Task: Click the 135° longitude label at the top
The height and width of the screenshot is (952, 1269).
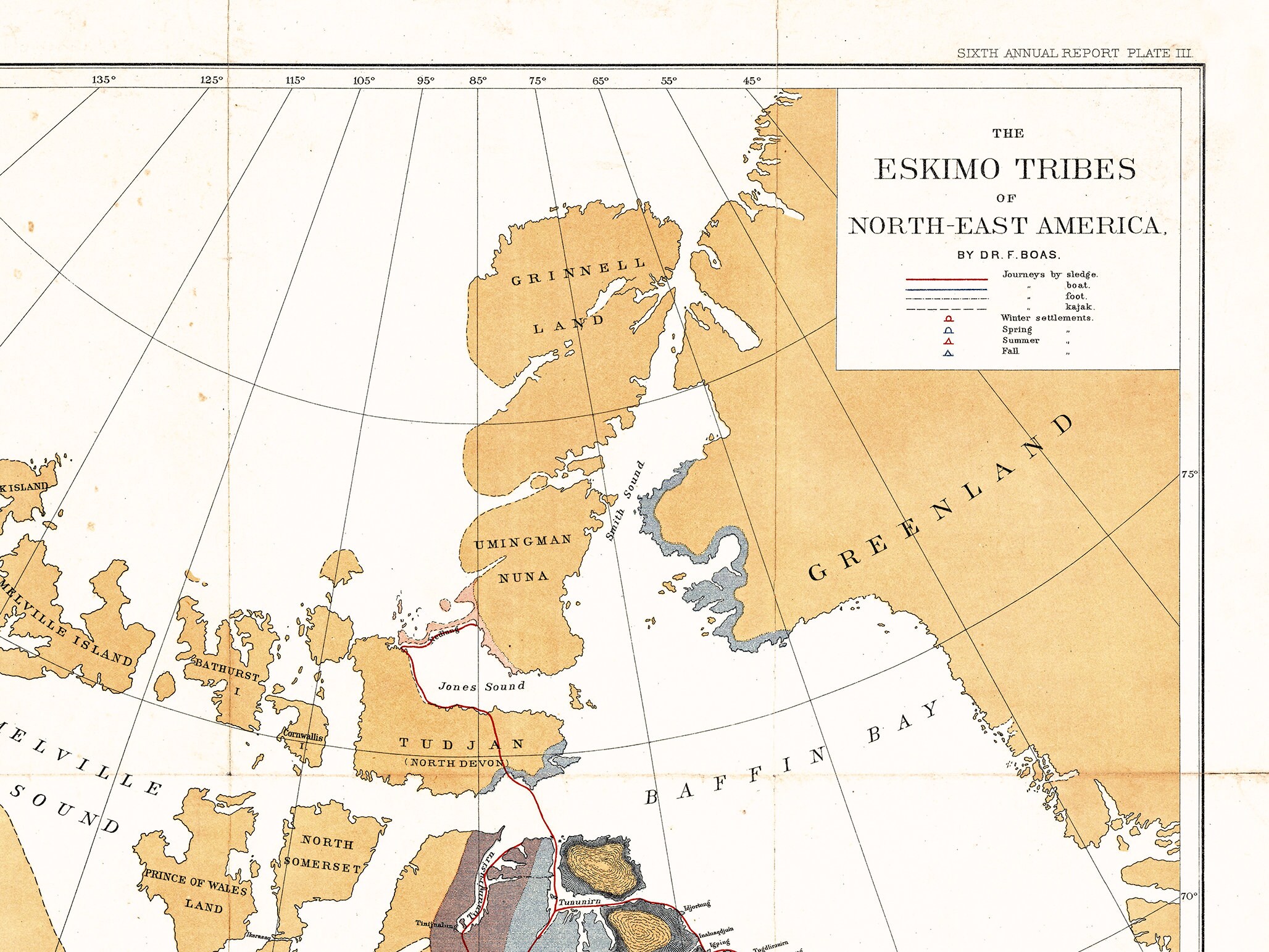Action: [x=104, y=80]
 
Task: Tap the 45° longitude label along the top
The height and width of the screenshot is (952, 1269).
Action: [x=752, y=81]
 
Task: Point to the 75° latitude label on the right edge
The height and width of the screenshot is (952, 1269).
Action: [x=1189, y=475]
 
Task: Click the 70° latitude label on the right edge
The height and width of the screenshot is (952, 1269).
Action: [x=1189, y=896]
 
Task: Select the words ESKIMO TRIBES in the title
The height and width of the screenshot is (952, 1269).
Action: [x=1005, y=170]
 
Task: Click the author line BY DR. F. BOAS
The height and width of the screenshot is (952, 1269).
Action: [x=1009, y=255]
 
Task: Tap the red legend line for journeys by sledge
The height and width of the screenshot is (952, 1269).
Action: [x=946, y=279]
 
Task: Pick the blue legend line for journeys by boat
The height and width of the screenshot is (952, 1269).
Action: [x=946, y=290]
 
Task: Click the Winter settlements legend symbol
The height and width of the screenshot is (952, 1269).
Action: [x=949, y=319]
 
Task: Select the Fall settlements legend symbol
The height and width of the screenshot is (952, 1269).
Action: [x=949, y=353]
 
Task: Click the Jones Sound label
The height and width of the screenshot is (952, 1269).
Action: [x=481, y=687]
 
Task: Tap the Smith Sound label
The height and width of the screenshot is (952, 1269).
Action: [x=625, y=501]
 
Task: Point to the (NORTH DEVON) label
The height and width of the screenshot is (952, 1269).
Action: [x=457, y=763]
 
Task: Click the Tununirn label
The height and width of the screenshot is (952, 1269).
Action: [x=579, y=902]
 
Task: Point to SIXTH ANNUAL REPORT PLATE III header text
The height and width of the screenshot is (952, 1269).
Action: [x=1074, y=54]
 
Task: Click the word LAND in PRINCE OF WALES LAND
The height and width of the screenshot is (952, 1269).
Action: [x=204, y=906]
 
